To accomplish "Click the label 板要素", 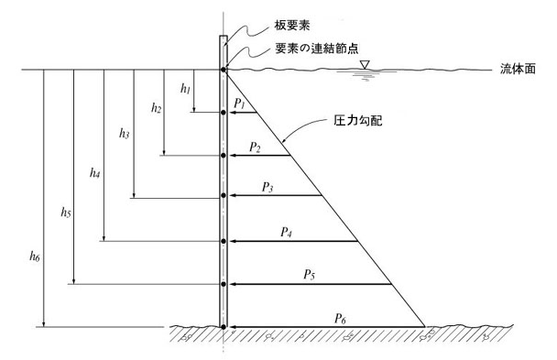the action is [x=292, y=26].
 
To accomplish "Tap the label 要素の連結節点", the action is [x=317, y=49].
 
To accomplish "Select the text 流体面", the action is [x=518, y=69].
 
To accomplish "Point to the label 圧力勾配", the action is [x=357, y=121].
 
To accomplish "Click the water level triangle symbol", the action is [x=365, y=65].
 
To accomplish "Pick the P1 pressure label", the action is [x=240, y=104].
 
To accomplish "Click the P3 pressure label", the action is [x=268, y=187].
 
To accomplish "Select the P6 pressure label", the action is [x=340, y=319].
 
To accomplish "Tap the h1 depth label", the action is [x=185, y=88].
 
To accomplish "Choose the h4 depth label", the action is [x=95, y=173].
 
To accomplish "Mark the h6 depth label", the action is [x=35, y=256].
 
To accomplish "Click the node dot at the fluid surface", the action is [x=224, y=70].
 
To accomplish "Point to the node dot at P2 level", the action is [x=224, y=156].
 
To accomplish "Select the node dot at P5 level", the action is [x=224, y=284].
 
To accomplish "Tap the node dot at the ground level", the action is [x=224, y=327].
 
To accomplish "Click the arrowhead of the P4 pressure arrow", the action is [x=233, y=242].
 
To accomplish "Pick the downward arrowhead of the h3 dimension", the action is [x=134, y=195].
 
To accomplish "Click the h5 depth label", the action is [x=66, y=213].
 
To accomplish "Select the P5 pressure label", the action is [x=309, y=275].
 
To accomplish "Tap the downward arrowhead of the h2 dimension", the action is [x=164, y=152].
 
